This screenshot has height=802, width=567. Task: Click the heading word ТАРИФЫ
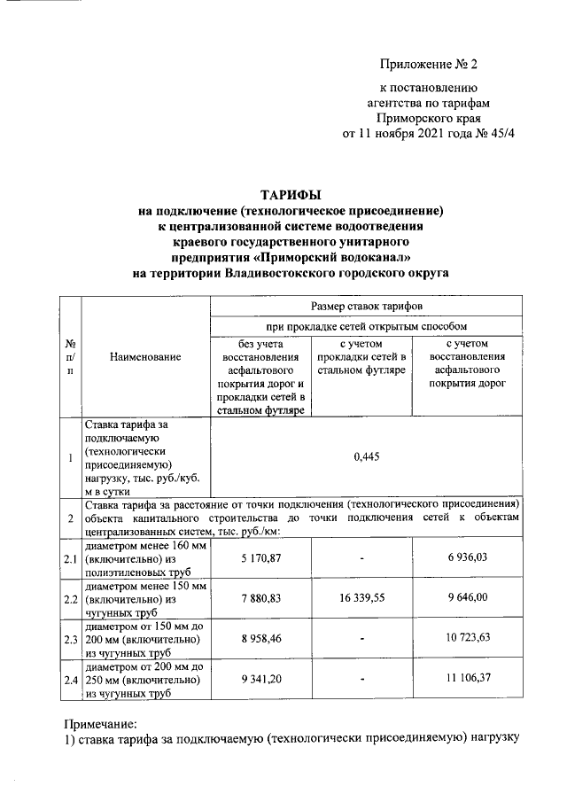click(x=291, y=193)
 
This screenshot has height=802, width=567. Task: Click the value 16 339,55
click(x=361, y=599)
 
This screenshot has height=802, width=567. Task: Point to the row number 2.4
click(x=69, y=680)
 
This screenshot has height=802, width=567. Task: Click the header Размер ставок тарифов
click(x=365, y=305)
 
